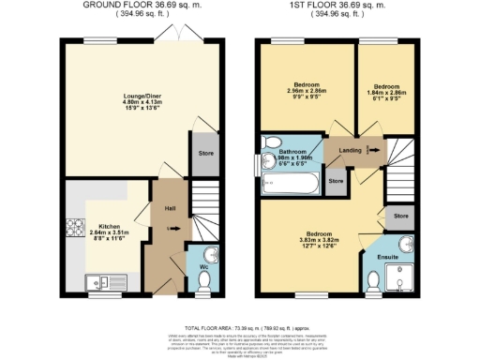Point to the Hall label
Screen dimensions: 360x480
[170, 208]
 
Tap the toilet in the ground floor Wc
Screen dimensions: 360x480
[207, 254]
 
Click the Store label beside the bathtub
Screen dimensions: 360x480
[336, 180]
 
